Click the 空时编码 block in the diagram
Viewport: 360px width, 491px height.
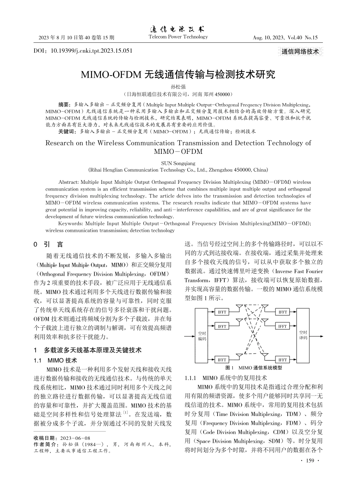click(202, 336)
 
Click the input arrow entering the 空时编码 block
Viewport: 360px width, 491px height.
click(189, 336)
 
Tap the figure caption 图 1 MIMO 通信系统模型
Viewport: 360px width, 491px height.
click(254, 368)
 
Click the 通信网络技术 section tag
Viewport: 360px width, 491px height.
click(300, 52)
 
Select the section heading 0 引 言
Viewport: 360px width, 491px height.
click(48, 245)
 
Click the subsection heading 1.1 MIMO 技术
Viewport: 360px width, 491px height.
click(55, 360)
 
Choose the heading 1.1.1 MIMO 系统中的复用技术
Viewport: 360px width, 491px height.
click(226, 378)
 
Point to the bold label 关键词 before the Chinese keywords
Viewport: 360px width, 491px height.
click(66, 131)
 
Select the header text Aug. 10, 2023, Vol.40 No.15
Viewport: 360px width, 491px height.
click(285, 38)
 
